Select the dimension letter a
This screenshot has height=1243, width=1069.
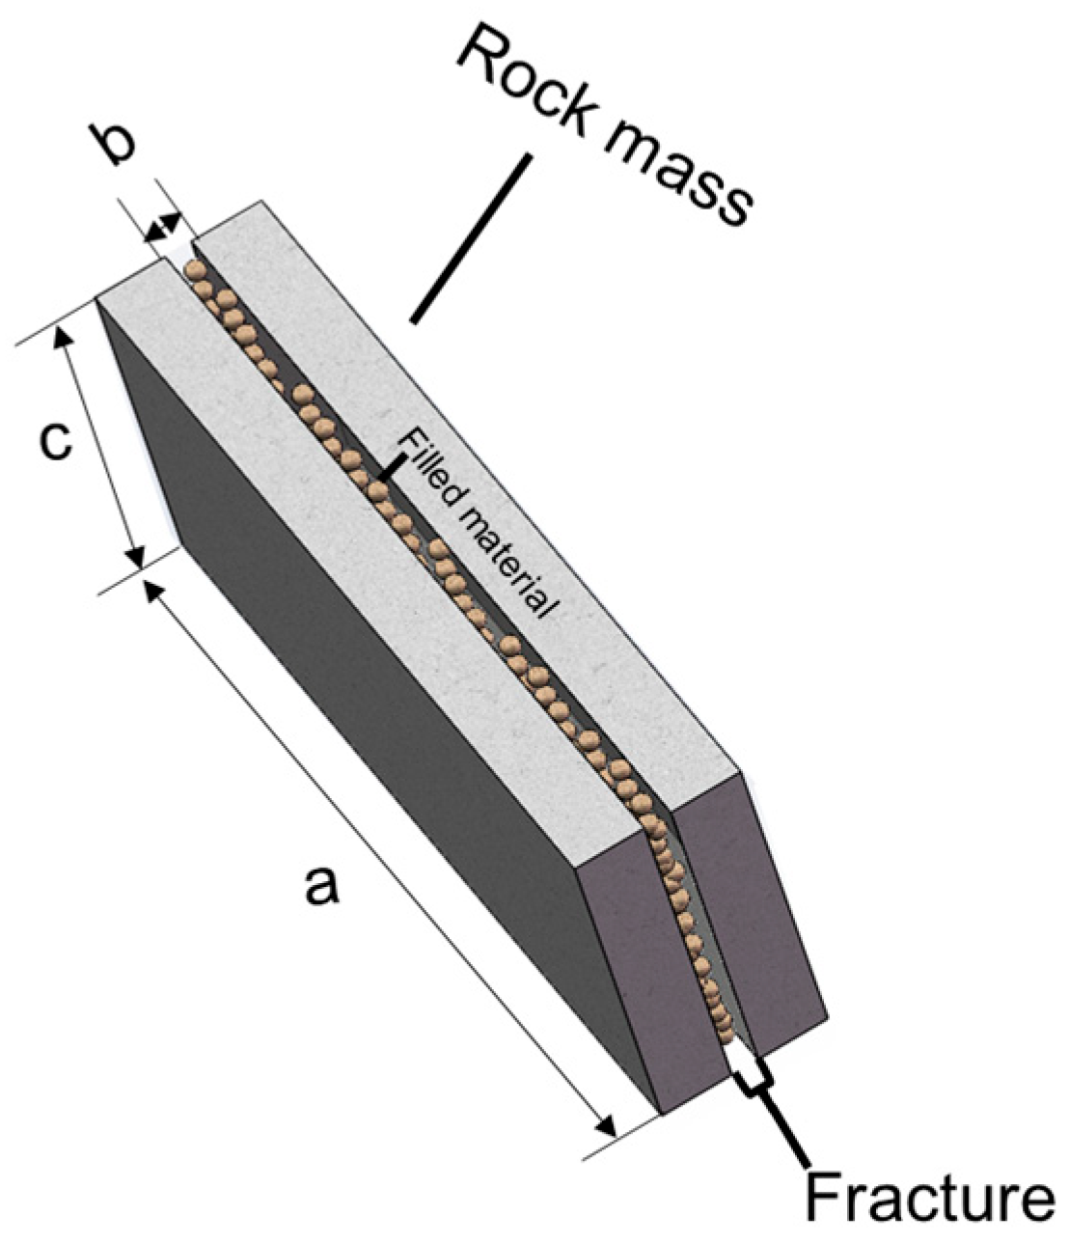(x=321, y=885)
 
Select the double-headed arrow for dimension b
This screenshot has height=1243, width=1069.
(x=162, y=229)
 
